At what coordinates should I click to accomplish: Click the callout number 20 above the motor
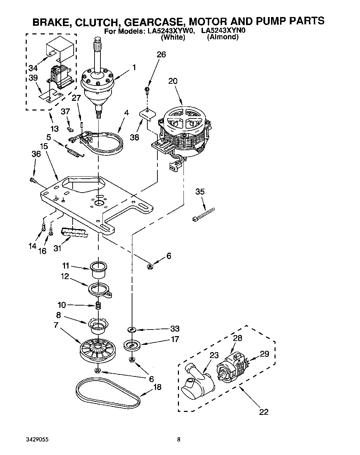coord(173,81)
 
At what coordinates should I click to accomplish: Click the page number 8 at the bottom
coord(179,440)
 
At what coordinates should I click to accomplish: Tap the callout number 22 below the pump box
coord(264,412)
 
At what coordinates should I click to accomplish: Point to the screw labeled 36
coord(33,180)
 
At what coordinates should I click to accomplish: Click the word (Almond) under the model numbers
coord(223,37)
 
